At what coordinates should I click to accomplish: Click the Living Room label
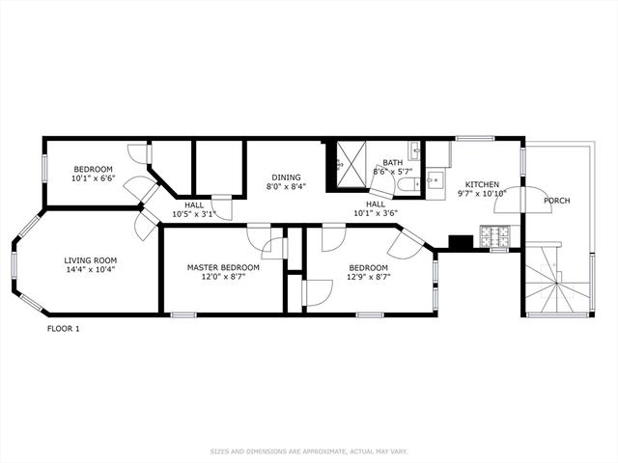[90, 260]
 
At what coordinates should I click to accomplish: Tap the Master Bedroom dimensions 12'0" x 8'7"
[223, 277]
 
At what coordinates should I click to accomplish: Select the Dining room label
[286, 177]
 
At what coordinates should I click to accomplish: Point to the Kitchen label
[482, 184]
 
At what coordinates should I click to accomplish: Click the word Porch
[557, 201]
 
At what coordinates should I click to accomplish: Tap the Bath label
[393, 163]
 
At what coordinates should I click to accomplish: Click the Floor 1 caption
[64, 329]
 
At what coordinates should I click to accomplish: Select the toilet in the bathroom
[409, 184]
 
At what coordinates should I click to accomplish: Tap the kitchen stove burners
[495, 235]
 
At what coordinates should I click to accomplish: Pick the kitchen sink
[435, 181]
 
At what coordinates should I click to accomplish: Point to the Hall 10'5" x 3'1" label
[194, 210]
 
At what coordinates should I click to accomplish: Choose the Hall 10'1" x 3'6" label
[376, 209]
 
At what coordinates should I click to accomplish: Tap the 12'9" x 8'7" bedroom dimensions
[369, 277]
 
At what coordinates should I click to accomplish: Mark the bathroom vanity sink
[414, 150]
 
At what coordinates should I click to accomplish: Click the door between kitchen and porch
[522, 200]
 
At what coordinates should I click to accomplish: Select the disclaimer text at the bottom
[309, 451]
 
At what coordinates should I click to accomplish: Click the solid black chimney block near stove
[461, 242]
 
